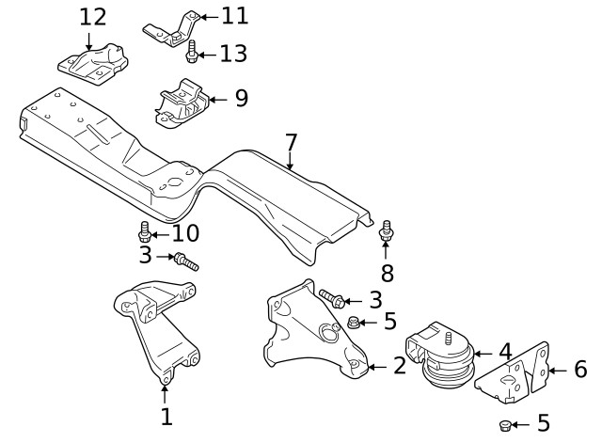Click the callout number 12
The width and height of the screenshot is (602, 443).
(x=93, y=17)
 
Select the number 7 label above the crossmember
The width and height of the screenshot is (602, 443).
(x=291, y=143)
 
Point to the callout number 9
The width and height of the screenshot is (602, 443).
(x=241, y=98)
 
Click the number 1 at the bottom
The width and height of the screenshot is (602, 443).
(x=166, y=415)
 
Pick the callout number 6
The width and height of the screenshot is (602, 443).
(x=579, y=369)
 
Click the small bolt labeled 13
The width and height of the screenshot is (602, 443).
(x=192, y=52)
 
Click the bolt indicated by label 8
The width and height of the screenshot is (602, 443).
(x=386, y=230)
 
